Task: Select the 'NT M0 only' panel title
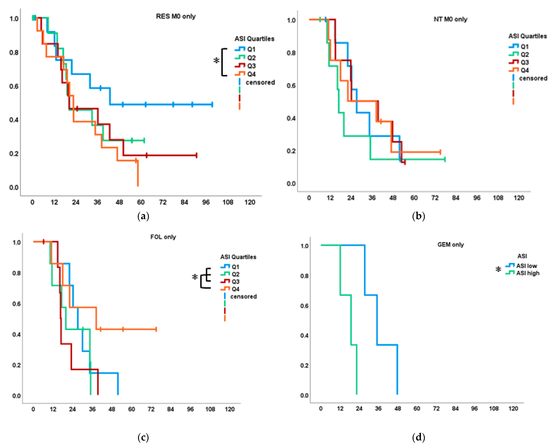coord(450,19)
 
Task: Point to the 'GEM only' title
coord(451,245)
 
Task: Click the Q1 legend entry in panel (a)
coord(251,49)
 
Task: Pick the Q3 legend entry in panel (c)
coord(235,281)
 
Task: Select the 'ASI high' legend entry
coord(528,273)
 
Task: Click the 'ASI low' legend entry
coord(526,266)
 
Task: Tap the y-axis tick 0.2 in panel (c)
coord(16,365)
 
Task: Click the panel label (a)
coord(143,216)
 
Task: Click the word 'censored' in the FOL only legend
coord(243,297)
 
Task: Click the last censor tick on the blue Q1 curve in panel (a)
coord(212,104)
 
